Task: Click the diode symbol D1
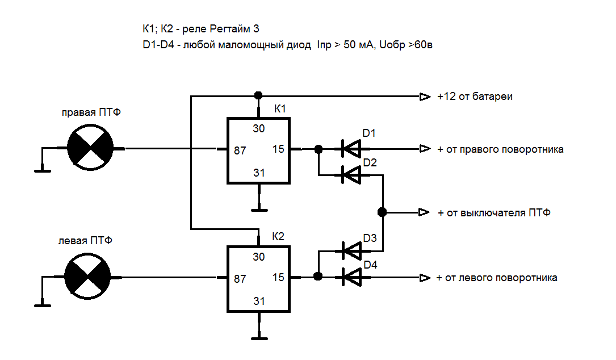click(351, 149)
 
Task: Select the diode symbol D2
click(351, 175)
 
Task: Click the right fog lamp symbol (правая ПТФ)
click(90, 149)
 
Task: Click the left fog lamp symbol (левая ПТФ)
click(87, 277)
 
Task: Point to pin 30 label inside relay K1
click(259, 129)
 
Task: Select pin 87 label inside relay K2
click(240, 279)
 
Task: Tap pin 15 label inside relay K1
click(278, 150)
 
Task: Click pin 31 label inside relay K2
click(259, 301)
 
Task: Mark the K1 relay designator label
click(280, 108)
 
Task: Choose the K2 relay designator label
click(278, 237)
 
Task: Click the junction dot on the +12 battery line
click(258, 95)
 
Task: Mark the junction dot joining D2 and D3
click(382, 212)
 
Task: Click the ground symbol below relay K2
click(259, 338)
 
